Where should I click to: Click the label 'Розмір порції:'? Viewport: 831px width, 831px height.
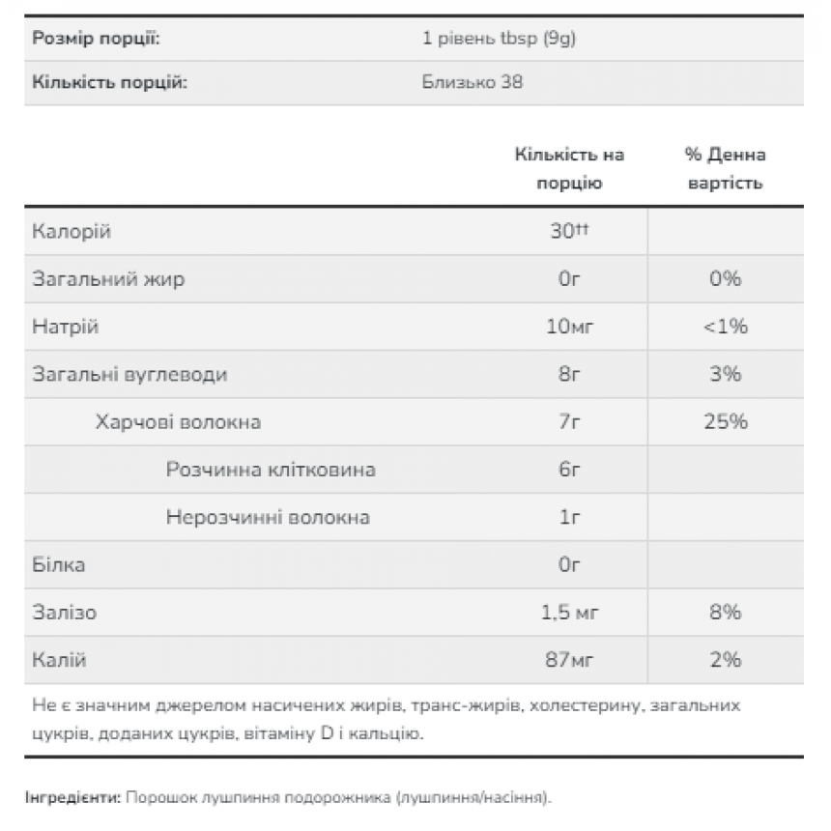(96, 39)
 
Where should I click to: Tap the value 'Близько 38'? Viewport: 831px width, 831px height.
(473, 82)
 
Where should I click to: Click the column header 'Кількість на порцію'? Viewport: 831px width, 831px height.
(569, 168)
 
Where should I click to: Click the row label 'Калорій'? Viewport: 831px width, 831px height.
(72, 232)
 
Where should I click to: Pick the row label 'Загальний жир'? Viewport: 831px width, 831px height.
(108, 279)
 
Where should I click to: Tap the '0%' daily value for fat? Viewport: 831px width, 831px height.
(725, 279)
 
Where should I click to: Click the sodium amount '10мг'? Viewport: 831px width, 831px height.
(569, 327)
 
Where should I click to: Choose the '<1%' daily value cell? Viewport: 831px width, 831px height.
(725, 327)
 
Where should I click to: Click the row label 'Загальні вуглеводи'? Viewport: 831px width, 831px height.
(130, 374)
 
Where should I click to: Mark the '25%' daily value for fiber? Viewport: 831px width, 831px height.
(725, 421)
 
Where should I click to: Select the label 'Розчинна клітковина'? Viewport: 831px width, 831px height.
(271, 470)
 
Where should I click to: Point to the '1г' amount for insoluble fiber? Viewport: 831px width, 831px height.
(569, 517)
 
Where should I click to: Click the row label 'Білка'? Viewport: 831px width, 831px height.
(59, 564)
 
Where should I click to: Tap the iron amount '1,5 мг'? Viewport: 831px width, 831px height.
(569, 613)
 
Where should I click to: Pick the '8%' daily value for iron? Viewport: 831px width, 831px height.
(725, 613)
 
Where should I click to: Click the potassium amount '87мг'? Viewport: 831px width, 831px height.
(569, 660)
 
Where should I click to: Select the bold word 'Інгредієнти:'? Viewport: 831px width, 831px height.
(73, 798)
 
